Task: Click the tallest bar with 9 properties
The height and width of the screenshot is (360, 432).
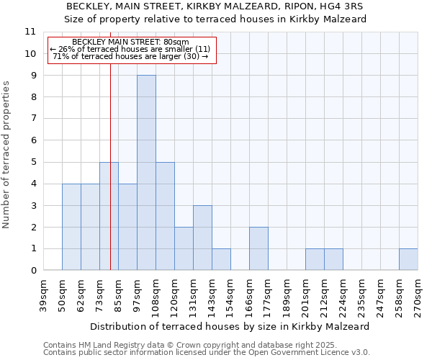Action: (146, 173)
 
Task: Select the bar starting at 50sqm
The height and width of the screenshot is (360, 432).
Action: (71, 227)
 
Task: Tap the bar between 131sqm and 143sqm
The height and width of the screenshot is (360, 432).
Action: (202, 238)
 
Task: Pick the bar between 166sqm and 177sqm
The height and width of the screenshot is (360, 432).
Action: (258, 248)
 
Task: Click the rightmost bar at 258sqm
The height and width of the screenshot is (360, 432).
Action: (408, 259)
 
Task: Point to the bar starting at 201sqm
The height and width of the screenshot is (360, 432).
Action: (315, 259)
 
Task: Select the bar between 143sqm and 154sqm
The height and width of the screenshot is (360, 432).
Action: (221, 259)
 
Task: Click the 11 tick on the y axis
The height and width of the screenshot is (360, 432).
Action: (30, 32)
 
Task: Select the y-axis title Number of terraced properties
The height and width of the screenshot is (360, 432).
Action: (6, 154)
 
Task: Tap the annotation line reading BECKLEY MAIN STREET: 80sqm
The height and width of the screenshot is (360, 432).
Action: (131, 42)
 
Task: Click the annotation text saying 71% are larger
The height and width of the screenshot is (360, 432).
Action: (131, 56)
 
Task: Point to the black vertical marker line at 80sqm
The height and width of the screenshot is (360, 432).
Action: (110, 216)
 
